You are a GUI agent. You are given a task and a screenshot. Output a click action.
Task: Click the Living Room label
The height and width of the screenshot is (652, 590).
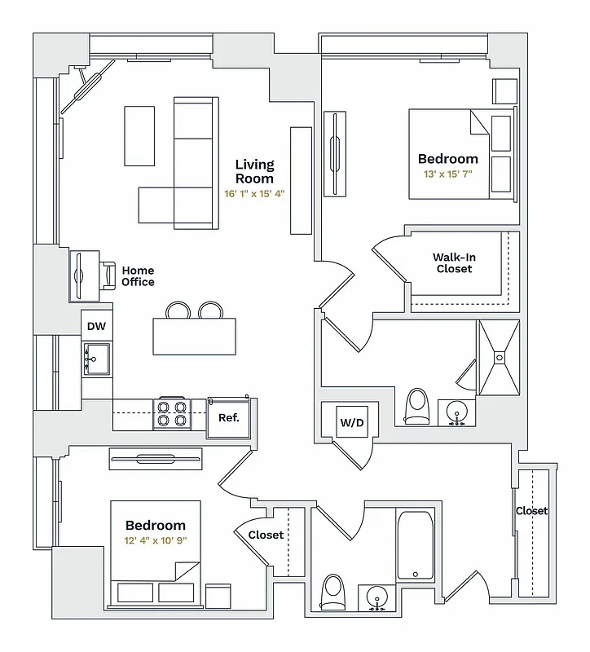[254, 171]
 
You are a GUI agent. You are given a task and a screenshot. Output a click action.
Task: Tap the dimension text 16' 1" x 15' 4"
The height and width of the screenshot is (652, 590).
[254, 194]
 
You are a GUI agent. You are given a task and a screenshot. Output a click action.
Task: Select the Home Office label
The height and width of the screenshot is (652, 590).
[138, 276]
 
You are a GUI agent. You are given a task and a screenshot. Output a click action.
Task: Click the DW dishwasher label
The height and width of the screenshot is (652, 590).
[96, 327]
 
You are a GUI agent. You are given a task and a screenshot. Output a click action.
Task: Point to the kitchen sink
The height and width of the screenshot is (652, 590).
[96, 358]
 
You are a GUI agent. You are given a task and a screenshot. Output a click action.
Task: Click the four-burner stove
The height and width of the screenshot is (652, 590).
[173, 413]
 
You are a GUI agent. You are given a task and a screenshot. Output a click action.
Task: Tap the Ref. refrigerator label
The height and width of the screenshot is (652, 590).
[228, 417]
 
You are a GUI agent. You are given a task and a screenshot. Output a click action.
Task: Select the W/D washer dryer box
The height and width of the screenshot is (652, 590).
[352, 423]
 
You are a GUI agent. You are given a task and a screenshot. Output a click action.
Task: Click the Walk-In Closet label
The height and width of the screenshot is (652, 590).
[454, 263]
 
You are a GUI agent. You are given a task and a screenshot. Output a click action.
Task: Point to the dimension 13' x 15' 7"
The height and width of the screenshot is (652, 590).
[447, 174]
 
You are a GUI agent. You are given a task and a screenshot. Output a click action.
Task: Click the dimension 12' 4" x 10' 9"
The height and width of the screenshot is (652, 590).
[155, 540]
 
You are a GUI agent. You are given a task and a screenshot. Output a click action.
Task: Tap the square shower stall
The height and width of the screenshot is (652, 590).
[497, 355]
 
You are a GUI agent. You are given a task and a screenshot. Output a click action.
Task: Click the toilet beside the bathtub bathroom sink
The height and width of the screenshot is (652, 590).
[332, 592]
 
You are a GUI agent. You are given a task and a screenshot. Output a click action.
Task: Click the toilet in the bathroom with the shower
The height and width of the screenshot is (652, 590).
[416, 405]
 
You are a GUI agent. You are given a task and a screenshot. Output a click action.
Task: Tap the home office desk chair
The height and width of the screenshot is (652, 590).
[108, 275]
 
